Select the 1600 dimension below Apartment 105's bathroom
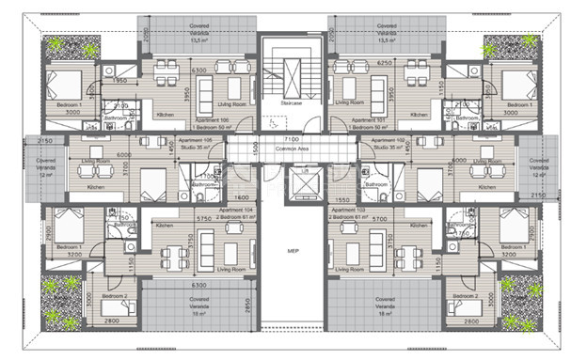pos(244,198)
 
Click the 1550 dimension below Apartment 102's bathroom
pos(341,199)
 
